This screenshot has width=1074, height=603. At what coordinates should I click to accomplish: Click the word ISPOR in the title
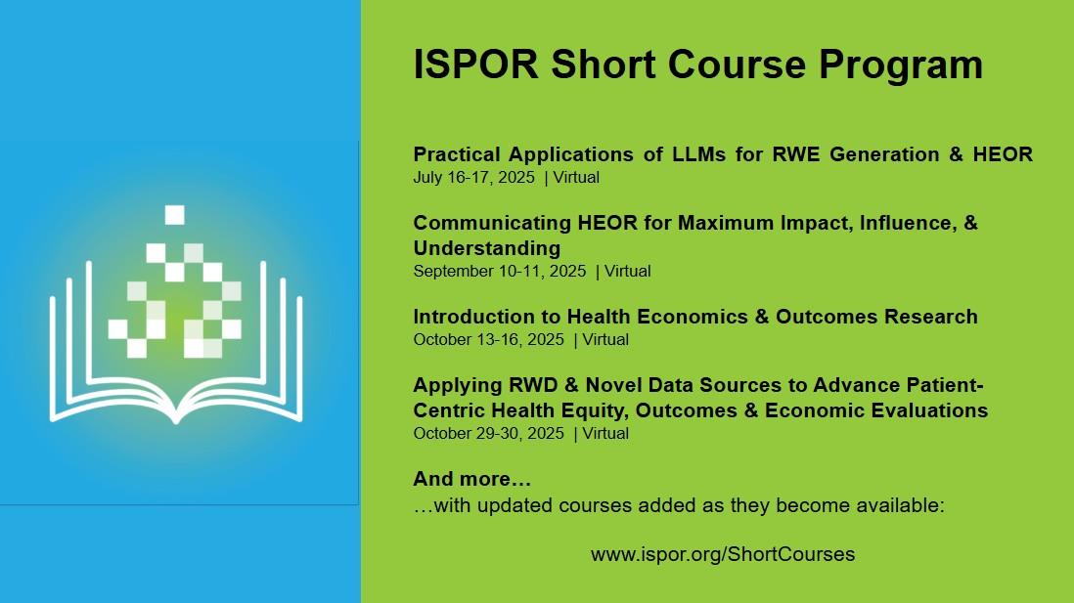coord(476,65)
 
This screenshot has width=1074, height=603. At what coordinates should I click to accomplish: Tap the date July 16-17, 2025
coord(474,177)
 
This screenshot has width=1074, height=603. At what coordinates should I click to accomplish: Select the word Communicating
coord(492,223)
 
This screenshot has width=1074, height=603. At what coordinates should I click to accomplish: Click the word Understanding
coord(487,248)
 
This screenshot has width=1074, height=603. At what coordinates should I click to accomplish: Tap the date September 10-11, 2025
coord(499,271)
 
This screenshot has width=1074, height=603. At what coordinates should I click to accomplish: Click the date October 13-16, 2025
coord(488,339)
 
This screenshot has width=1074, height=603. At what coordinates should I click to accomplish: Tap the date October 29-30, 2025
coord(488,433)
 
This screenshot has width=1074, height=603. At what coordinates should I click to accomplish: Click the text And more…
coord(471,479)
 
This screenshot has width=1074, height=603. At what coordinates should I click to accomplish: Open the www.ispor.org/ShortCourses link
coord(723,554)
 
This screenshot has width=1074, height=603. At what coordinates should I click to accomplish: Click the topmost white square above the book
coord(175,215)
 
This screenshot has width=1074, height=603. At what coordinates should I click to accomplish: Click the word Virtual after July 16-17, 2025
coord(576,177)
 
